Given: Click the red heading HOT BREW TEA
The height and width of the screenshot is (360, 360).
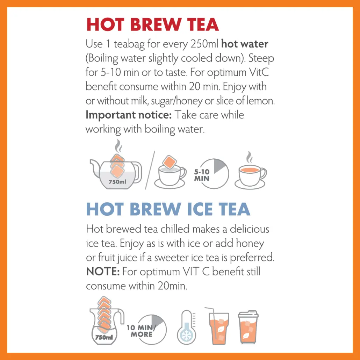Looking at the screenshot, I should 152,25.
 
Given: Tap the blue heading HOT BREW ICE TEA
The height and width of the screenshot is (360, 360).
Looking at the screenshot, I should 168,209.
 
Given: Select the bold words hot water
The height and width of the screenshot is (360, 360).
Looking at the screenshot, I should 245,44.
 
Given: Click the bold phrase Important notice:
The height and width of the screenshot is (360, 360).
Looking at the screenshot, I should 128,115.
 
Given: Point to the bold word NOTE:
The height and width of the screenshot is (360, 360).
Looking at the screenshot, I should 102,272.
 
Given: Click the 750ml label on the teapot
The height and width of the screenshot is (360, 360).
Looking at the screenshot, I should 117,182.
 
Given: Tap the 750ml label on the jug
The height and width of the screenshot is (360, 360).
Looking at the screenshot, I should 104,337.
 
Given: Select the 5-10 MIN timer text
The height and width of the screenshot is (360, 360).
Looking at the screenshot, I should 202,175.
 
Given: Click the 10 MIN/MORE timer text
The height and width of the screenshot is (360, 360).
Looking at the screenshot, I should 141,331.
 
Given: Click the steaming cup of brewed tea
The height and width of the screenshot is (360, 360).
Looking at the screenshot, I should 250,173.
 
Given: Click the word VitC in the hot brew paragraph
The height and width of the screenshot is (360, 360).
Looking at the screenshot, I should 259,72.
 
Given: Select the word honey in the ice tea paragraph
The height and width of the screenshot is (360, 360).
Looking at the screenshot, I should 250,243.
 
